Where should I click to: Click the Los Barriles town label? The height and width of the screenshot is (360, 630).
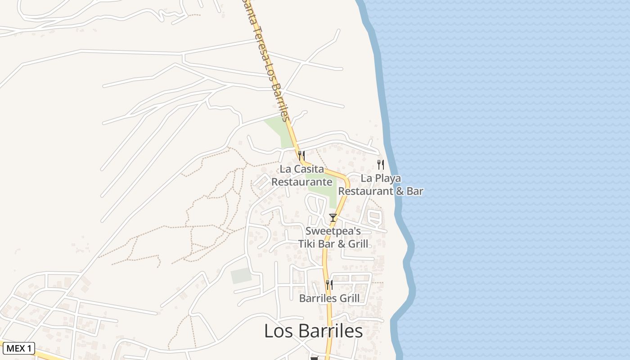tap(313, 331)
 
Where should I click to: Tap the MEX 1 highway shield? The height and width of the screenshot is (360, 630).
tap(18, 348)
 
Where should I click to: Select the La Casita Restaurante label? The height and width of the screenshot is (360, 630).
tap(302, 175)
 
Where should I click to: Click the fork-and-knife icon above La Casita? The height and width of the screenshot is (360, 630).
tap(301, 155)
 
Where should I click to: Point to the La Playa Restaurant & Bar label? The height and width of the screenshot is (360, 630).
tap(381, 184)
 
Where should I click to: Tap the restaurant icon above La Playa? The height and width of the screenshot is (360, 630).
tap(381, 164)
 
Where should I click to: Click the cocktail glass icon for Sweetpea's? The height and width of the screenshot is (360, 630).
tap(333, 218)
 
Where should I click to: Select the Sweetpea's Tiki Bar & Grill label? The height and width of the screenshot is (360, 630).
tap(333, 238)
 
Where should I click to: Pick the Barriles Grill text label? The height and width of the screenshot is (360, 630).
tap(329, 298)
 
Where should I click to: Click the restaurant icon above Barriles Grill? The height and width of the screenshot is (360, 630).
tap(329, 284)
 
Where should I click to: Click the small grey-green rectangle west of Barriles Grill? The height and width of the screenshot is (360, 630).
tap(241, 275)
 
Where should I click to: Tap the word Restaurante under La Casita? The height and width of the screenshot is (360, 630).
tap(302, 182)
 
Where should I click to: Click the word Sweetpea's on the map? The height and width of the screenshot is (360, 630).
tap(333, 231)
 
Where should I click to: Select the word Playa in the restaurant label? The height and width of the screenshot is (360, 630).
tap(388, 178)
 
